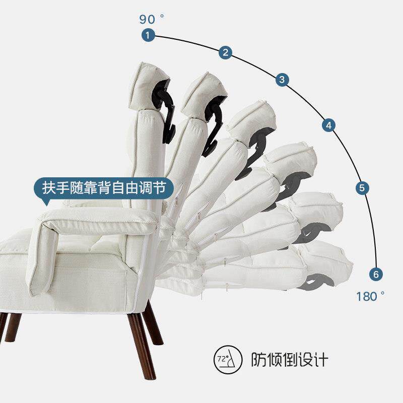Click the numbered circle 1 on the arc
point(148,35)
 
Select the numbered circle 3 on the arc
point(282,79)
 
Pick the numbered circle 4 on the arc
point(329,125)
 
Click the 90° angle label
point(152,19)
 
